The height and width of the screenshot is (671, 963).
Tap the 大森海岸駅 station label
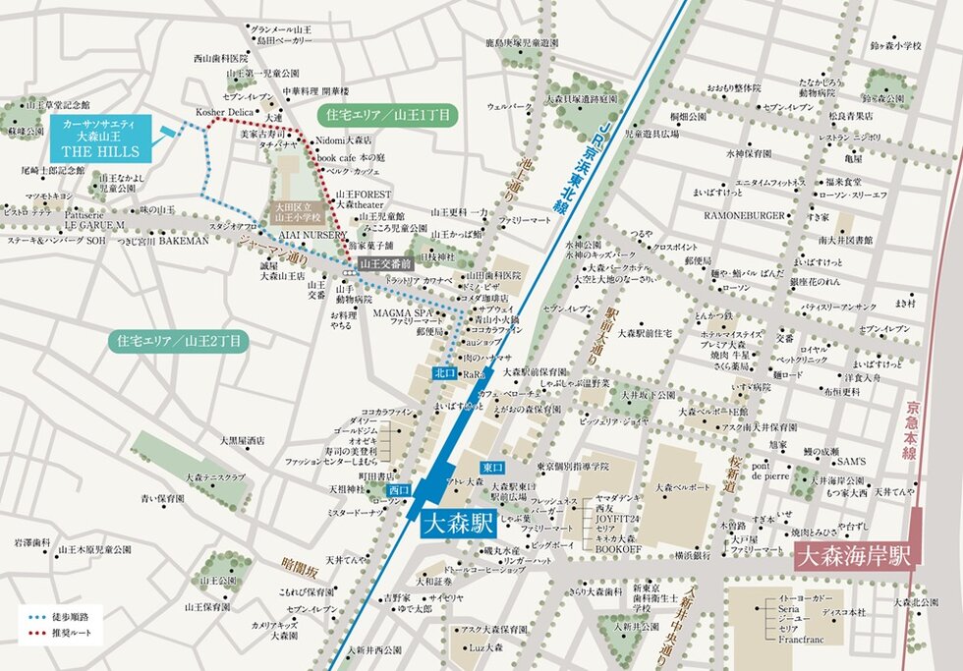click(x=854, y=555)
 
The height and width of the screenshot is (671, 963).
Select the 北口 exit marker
click(x=445, y=373)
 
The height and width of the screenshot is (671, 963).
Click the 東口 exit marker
click(x=492, y=469)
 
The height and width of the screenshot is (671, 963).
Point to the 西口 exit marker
click(x=398, y=488)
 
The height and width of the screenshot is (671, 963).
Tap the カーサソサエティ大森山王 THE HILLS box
click(x=101, y=139)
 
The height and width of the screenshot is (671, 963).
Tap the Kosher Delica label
click(x=224, y=112)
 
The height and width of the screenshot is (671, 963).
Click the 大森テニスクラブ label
click(x=214, y=476)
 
